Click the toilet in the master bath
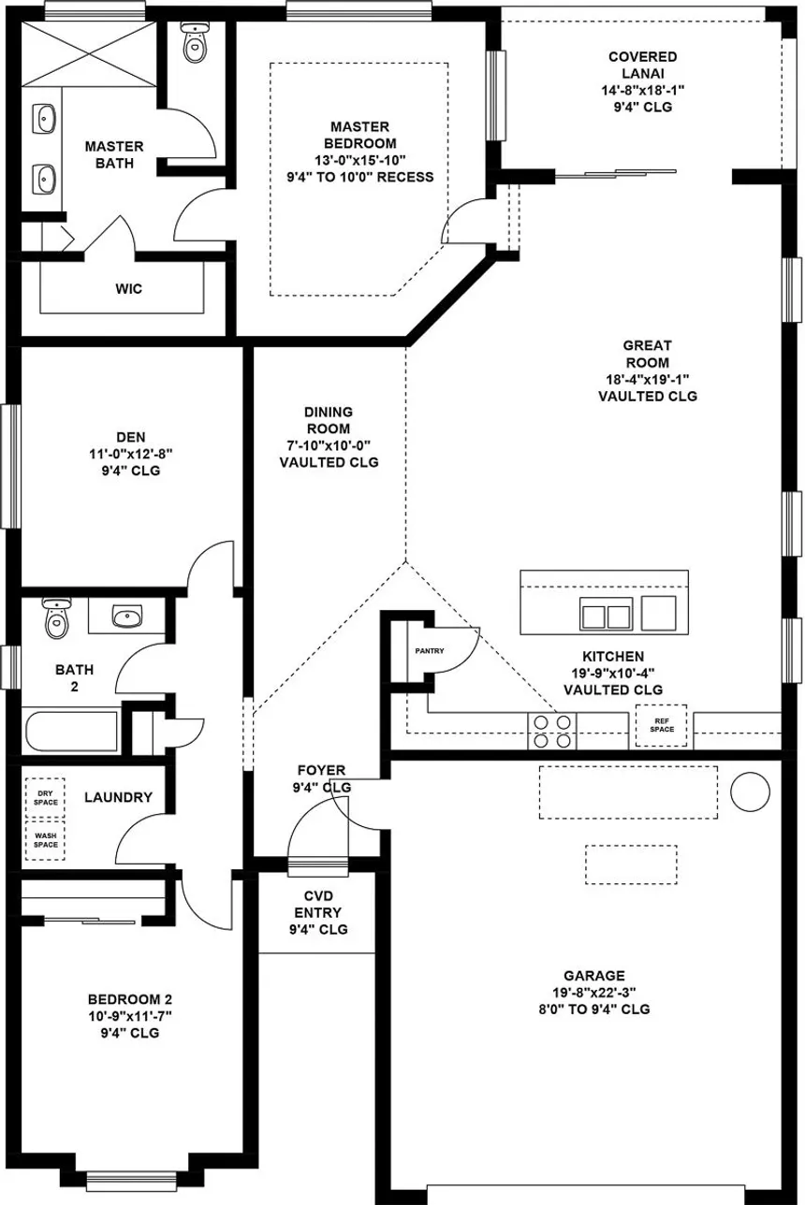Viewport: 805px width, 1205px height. pos(195,42)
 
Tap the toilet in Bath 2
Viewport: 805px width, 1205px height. pos(56,617)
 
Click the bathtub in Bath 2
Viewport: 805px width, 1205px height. pos(71,731)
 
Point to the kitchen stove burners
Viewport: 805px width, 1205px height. pos(552,731)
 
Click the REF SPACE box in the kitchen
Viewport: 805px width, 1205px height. pos(662,725)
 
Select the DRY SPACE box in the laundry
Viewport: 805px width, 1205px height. pos(45,798)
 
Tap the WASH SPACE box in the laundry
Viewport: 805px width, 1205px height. pos(45,840)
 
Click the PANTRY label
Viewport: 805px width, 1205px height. pos(430,651)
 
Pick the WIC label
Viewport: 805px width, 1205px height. pos(129,289)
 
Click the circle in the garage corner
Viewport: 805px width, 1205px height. pos(750,791)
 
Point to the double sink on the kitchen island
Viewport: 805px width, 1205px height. pos(606,614)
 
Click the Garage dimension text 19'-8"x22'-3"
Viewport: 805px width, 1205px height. pos(594,993)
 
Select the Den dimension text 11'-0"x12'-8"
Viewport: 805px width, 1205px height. pos(131,454)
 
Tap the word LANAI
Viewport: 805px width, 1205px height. pos(643,73)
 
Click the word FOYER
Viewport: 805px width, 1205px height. pos(322,770)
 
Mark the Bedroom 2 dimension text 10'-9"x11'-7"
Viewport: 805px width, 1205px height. pos(130,1016)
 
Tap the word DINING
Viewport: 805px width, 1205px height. pos(329,412)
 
